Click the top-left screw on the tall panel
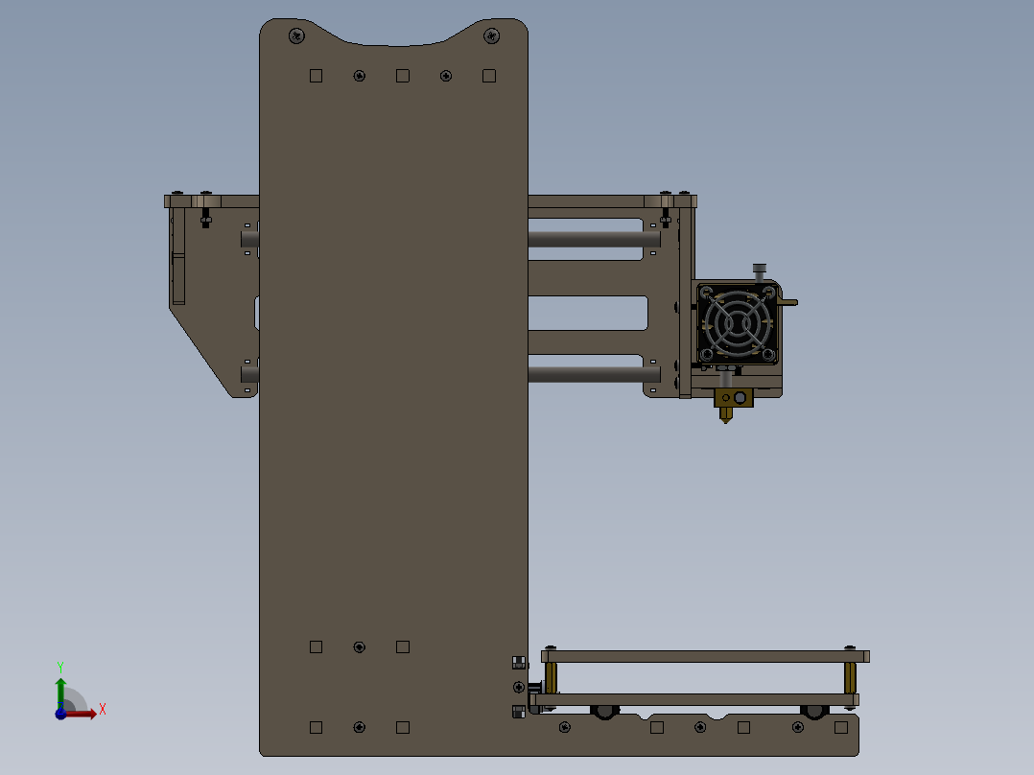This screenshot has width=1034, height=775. [296, 36]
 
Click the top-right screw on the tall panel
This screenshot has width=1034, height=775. [491, 36]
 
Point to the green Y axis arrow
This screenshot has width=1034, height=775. [59, 689]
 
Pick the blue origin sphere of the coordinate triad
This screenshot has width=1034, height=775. [60, 714]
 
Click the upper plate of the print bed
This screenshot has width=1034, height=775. [705, 656]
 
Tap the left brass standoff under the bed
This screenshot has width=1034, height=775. [552, 677]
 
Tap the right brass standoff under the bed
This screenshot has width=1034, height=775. [850, 677]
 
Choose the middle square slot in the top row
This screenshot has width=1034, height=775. [403, 76]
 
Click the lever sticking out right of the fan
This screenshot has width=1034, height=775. [788, 303]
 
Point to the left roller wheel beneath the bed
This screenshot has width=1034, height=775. [604, 711]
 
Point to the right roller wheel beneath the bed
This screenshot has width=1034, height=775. [814, 711]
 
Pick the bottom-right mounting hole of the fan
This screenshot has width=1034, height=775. [768, 355]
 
